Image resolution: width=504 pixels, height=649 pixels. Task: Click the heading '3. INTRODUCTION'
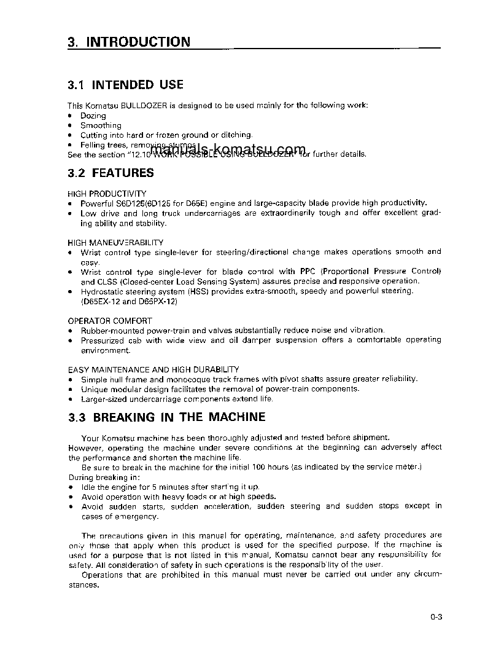point(129,42)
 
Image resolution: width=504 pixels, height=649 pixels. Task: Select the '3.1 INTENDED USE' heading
point(126,85)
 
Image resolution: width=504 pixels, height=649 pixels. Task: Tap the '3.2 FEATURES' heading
point(111,173)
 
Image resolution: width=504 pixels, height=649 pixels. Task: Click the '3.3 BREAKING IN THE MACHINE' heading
point(167,417)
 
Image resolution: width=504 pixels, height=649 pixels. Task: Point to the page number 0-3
point(436,618)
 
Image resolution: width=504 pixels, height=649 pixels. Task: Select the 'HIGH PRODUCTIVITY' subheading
point(107,193)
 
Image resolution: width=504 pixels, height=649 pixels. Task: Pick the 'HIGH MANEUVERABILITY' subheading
point(115,242)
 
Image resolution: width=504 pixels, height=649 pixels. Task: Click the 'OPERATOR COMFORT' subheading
point(110,321)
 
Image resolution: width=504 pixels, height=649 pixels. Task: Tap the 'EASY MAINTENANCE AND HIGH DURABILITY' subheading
point(153,369)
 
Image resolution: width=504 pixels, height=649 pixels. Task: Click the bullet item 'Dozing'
point(93,116)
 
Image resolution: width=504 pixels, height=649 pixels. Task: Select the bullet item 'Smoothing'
point(101,125)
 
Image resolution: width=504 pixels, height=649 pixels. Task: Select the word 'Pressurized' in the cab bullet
point(103,340)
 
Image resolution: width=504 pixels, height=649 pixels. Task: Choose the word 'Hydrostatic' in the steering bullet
point(102,291)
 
